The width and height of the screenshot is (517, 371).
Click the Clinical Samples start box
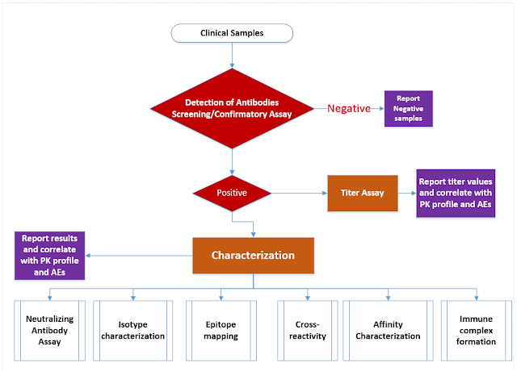[232, 33]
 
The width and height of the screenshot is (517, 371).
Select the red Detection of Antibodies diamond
[232, 108]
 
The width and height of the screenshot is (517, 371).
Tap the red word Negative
[349, 108]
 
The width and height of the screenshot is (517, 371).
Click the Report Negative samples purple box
[409, 108]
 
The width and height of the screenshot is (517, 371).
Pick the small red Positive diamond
[232, 193]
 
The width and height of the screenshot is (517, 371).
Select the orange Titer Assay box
[363, 193]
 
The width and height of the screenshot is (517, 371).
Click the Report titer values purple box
[456, 193]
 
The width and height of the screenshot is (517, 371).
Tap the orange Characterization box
[253, 256]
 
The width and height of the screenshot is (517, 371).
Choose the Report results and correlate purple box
[49, 256]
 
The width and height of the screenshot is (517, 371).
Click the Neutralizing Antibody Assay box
[49, 331]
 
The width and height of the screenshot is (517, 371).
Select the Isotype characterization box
[132, 331]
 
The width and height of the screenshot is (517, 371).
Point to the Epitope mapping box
[221, 331]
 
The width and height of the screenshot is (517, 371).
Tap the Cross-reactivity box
[308, 331]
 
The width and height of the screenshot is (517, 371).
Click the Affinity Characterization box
[388, 331]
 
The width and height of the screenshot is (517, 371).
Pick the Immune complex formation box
[476, 331]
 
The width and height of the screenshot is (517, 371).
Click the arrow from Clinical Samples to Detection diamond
[232, 56]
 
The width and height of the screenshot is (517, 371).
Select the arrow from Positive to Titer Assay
[299, 194]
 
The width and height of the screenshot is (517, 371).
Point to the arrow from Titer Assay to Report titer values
[407, 194]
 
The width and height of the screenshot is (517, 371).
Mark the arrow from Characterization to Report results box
[139, 256]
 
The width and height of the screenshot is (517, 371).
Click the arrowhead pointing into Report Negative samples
[382, 108]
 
